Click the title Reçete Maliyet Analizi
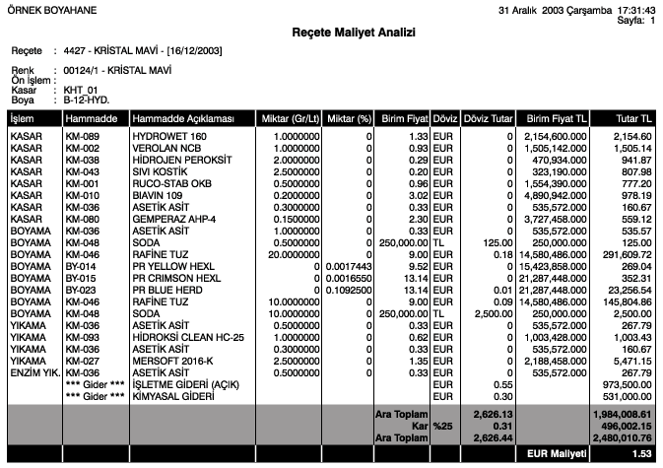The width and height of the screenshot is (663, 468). (x=331, y=32)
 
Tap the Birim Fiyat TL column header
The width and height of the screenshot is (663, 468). (x=558, y=119)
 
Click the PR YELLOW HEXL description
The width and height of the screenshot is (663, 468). (x=174, y=266)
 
